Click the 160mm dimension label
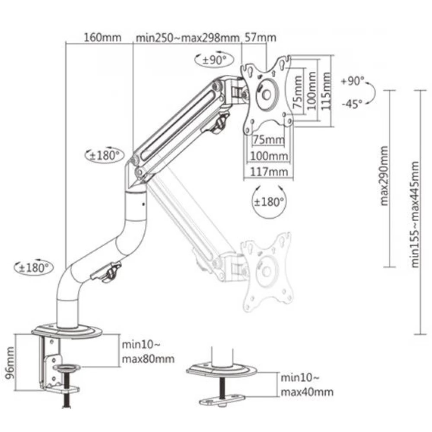pyautogui.click(x=102, y=38)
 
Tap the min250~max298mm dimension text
pyautogui.click(x=187, y=38)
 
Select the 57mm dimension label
pyautogui.click(x=260, y=38)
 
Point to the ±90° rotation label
pyautogui.click(x=214, y=60)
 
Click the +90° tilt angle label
pyautogui.click(x=353, y=81)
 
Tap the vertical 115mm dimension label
pyautogui.click(x=326, y=91)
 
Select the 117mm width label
pyautogui.click(x=269, y=172)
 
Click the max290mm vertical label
pyautogui.click(x=384, y=175)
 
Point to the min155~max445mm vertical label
pyautogui.click(x=415, y=214)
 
